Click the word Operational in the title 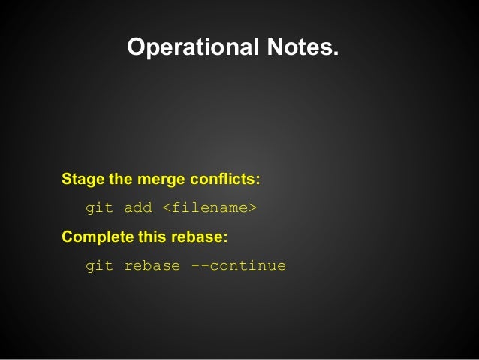(x=192, y=47)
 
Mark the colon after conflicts (x=258, y=182)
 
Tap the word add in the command (x=138, y=207)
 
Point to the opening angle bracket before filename (x=167, y=208)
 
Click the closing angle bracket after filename (x=252, y=208)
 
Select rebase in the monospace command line (x=152, y=265)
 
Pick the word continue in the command (x=248, y=265)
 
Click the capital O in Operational (x=137, y=47)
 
